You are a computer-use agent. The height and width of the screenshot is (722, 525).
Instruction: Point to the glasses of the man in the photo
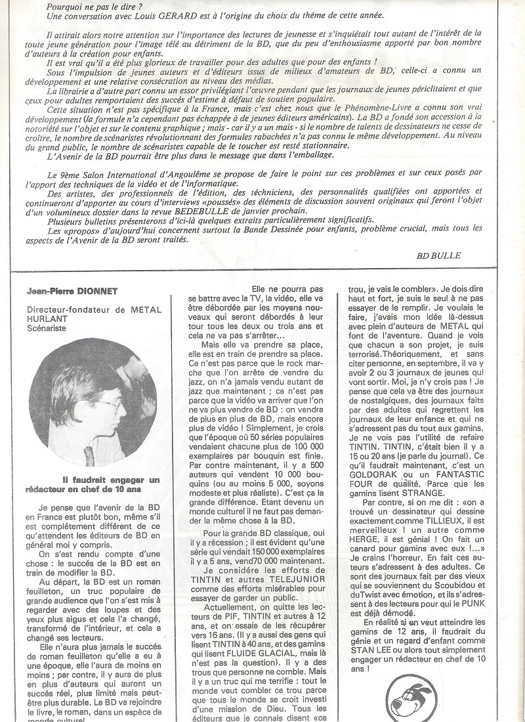coord(108,403)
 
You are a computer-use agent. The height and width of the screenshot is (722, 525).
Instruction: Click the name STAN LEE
coord(370,650)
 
